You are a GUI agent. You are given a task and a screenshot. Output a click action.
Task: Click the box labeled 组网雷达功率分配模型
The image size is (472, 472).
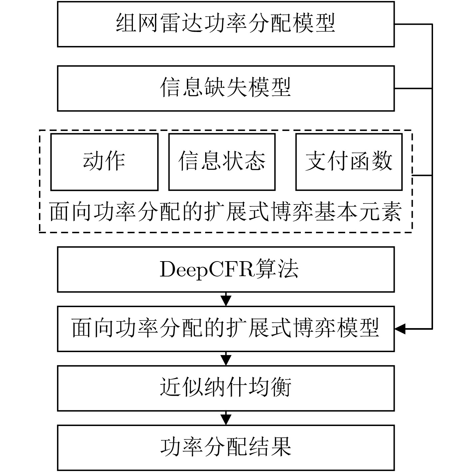(226, 24)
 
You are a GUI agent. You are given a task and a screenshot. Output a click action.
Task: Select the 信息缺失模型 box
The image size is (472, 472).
(226, 88)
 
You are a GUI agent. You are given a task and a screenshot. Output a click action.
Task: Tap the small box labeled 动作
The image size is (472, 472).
(104, 162)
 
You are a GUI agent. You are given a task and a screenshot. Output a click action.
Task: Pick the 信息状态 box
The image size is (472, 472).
(222, 162)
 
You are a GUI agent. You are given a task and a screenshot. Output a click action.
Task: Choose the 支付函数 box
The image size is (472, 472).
(349, 162)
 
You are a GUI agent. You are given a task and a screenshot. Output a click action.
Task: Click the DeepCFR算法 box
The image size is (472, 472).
(226, 269)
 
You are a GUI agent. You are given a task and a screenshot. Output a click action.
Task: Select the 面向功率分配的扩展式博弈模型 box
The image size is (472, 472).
(226, 329)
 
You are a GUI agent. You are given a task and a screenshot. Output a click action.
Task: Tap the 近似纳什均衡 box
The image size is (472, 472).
(226, 388)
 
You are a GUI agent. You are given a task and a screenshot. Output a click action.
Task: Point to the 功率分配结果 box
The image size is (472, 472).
(226, 447)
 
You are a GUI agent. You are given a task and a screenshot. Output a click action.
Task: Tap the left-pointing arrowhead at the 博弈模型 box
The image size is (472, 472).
(400, 329)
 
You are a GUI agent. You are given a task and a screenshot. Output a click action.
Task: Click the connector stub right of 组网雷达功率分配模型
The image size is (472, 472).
(413, 24)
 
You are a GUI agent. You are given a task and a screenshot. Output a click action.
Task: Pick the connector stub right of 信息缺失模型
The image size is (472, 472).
(413, 88)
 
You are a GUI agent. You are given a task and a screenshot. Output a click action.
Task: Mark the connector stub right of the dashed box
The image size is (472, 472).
(422, 175)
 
